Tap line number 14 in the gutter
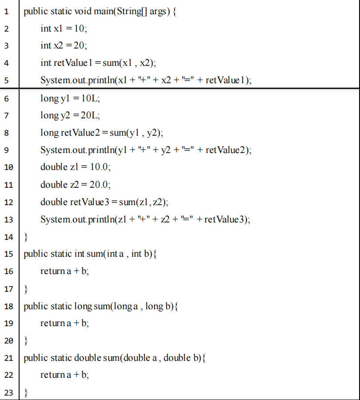point(8,237)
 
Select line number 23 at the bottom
point(8,392)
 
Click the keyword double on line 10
point(53,167)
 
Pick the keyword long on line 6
point(49,98)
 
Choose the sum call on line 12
point(127,202)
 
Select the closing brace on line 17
point(26,289)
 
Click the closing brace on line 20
point(26,340)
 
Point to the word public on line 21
point(35,358)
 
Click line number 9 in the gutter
point(7,150)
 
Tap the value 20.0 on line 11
point(100,185)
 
